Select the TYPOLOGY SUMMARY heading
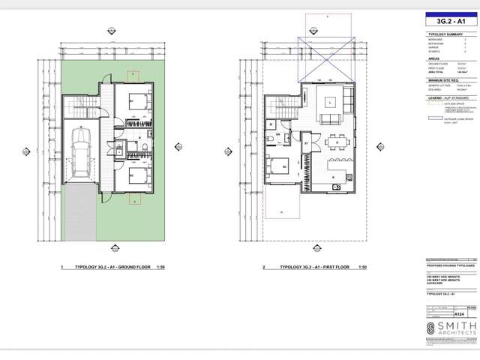click(443, 35)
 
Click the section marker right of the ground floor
click(178, 147)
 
